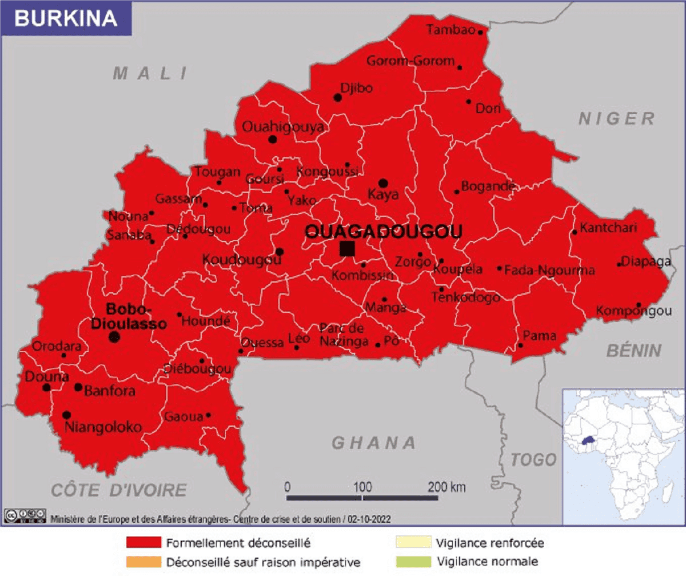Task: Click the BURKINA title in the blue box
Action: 65,18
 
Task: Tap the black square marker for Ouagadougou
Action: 347,249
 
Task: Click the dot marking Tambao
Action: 481,32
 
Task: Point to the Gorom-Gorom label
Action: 410,61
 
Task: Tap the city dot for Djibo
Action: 338,98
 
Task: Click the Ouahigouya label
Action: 284,126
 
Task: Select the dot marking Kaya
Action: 383,183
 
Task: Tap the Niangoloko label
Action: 103,427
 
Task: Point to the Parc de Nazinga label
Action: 343,335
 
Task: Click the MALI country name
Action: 150,73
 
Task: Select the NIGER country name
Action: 616,118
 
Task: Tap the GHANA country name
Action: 374,442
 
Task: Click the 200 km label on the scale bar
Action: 446,487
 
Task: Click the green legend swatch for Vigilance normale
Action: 413,561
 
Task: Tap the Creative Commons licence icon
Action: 25,515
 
